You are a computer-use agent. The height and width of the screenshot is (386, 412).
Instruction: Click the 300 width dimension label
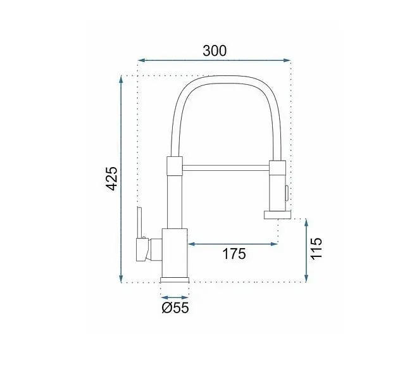point(215,51)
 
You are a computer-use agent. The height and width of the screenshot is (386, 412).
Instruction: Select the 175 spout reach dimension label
point(234,254)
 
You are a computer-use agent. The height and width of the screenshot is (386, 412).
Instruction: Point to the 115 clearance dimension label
point(316,249)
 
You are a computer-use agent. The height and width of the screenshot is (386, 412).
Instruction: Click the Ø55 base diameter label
point(175,308)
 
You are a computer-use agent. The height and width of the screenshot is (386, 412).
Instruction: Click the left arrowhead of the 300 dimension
point(141,60)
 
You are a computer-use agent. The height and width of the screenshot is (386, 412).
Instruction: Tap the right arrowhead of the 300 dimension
point(287,60)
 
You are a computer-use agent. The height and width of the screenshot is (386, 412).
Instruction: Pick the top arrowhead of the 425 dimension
point(121,79)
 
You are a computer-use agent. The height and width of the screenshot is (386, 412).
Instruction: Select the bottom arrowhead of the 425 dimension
point(121,279)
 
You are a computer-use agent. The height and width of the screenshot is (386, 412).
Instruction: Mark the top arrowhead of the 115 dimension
point(306,222)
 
